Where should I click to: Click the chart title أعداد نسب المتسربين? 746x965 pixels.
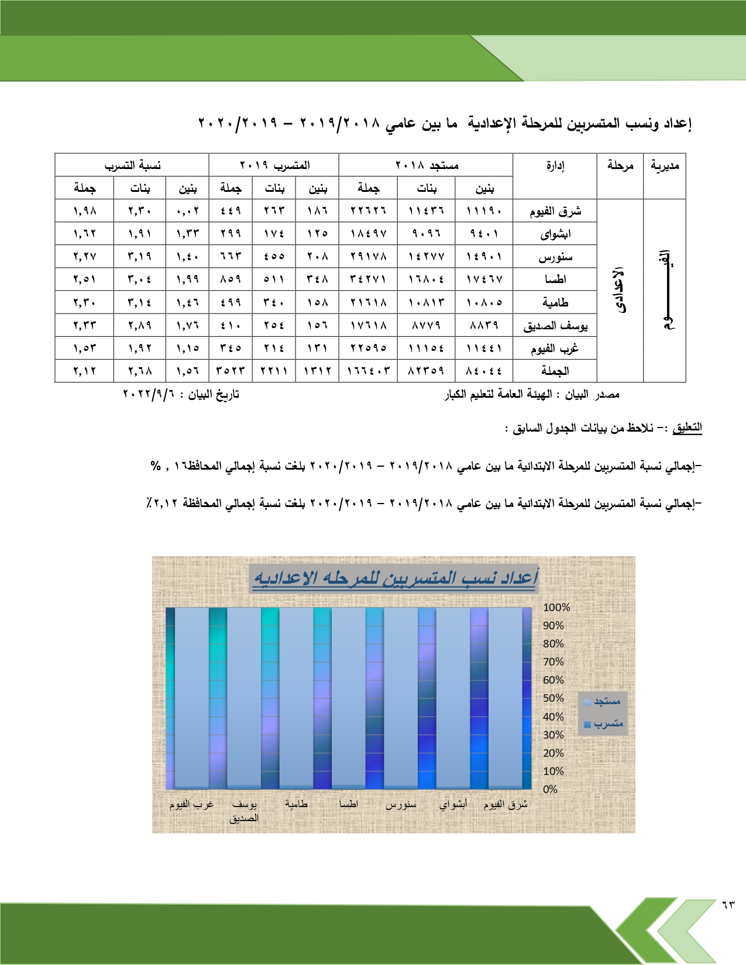point(395,578)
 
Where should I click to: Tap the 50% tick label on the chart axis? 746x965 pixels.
point(553,698)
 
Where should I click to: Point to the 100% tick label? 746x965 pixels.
point(556,608)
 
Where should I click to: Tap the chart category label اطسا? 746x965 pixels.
point(349,804)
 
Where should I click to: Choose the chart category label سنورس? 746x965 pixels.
point(401,805)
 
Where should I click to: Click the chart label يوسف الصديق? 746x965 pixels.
point(244,811)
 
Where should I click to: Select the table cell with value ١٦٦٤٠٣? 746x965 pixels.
point(368,371)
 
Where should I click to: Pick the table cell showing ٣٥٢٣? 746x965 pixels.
point(231,371)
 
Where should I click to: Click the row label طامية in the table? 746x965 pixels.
point(555,302)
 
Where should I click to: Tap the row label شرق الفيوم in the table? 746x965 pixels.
point(555,211)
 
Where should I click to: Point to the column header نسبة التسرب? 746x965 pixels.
point(132,166)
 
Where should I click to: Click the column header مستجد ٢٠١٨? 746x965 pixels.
point(427,166)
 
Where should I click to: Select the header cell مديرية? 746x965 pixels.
point(664,166)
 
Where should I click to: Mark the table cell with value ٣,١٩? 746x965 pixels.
point(140,256)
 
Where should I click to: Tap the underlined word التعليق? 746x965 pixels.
point(687,428)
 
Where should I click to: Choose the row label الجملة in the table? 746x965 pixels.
point(555,371)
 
